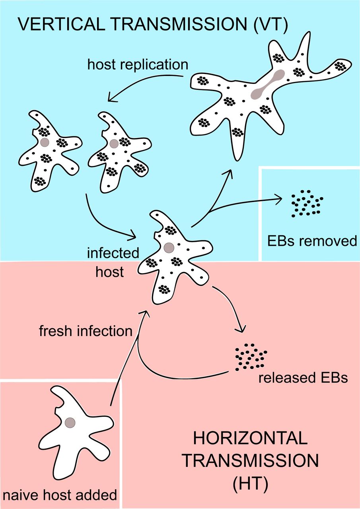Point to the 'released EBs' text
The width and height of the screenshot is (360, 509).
[303, 377]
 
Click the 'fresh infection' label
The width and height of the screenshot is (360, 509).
[85, 330]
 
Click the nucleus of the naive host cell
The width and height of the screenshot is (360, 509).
[70, 422]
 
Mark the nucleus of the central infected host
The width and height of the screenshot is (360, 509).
[169, 248]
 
